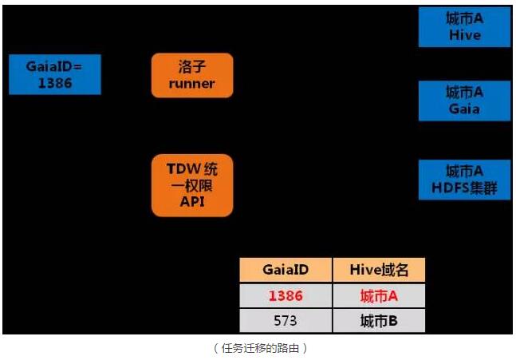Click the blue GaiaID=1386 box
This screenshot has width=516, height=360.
coord(54,75)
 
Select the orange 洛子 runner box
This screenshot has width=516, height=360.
coord(192,75)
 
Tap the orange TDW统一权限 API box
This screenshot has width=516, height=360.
coord(192,185)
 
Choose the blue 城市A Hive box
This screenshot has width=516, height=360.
coord(464,27)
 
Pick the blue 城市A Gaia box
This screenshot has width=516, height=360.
coord(464,101)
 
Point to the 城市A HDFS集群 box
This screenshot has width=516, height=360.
coord(464,180)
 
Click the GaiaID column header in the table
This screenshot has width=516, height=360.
coord(286,270)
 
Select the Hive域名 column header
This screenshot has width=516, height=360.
coord(379,270)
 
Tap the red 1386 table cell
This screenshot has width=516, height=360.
coord(286,295)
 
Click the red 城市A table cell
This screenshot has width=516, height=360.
coord(379,295)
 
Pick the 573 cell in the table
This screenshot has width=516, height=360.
coord(286,320)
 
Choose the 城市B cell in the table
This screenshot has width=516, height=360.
coord(379,320)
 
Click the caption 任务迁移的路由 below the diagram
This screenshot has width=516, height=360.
coord(260,348)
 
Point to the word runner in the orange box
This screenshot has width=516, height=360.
coord(192,84)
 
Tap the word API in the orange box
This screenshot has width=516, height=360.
coord(192,202)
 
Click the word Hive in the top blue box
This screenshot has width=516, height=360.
coord(464,35)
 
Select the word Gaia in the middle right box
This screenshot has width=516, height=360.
coord(464,109)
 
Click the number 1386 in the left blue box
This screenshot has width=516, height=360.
coord(54,83)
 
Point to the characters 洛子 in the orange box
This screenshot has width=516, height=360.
coord(192,67)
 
